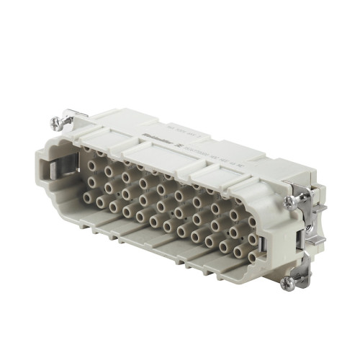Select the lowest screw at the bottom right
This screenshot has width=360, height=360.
click(x=287, y=281)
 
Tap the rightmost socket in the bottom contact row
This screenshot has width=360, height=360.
click(x=252, y=256)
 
